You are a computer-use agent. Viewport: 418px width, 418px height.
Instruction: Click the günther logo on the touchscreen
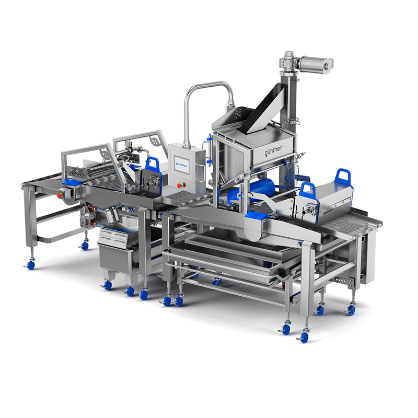click(181, 165)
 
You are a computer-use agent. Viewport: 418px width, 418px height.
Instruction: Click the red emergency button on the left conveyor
click(60, 195)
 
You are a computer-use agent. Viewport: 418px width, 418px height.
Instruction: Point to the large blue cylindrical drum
click(251, 190)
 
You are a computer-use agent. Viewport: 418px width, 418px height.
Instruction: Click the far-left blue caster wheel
click(31, 265)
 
